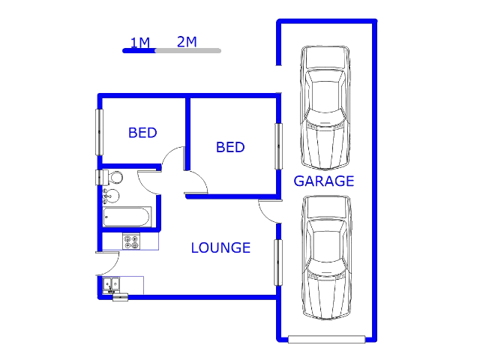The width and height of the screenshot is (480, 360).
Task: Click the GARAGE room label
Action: pos(324,181)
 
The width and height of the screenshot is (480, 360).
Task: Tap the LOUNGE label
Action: pos(220,247)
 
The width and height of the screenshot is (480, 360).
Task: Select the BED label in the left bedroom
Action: pos(142,133)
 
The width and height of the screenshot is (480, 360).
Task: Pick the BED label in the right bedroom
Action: pos(230,147)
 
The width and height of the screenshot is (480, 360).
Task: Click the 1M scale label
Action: pos(140,43)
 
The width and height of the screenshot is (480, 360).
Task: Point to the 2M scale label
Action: pos(187,42)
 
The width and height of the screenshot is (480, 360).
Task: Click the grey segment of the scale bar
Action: pos(188,51)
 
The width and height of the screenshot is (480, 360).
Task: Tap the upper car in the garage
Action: pos(325,108)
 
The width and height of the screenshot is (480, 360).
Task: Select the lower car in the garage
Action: pos(326,258)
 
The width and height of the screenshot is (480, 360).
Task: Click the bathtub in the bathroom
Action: pos(127,217)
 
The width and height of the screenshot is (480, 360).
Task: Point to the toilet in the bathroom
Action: pos(112,178)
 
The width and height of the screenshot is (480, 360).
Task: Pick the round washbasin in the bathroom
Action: pos(111,196)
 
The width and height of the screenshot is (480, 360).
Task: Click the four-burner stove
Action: pos(131,241)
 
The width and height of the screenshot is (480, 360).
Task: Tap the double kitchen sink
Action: pos(111,285)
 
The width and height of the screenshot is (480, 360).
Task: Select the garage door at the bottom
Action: pos(327,339)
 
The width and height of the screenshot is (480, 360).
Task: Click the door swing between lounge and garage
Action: pos(270,211)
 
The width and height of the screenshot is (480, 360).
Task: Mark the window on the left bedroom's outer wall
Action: pos(100,132)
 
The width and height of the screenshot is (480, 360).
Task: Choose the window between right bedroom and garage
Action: pos(278,146)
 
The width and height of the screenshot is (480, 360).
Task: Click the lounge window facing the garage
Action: pos(278,262)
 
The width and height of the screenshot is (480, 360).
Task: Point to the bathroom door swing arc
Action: pos(149,183)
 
